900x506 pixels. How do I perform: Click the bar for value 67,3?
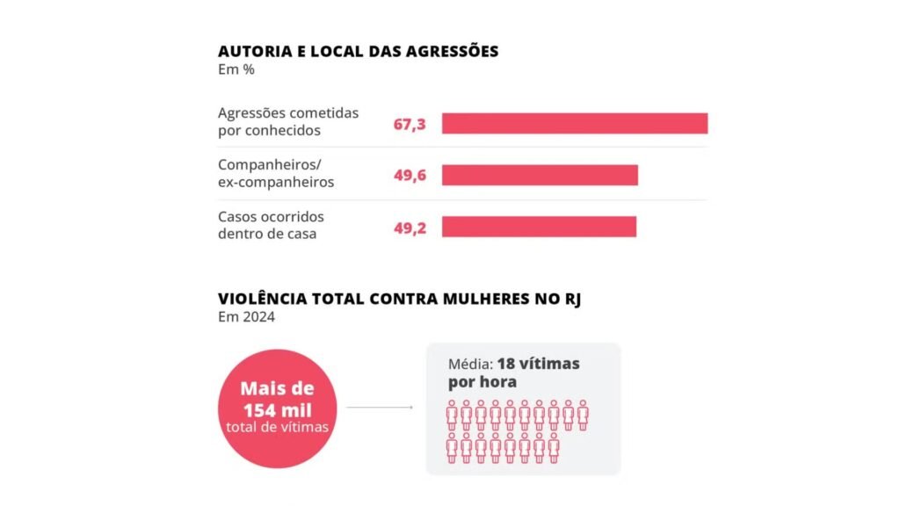574,124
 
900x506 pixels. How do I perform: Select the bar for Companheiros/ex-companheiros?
540,175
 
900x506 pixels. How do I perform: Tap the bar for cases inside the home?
539,227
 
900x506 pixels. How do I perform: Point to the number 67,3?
410,125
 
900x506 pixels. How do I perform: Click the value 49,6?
410,176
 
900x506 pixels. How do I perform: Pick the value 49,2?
410,228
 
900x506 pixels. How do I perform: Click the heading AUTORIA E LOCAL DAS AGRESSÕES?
358,51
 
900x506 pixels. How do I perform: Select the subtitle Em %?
236,70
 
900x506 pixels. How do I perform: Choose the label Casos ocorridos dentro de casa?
271,225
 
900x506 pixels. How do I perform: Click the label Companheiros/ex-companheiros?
275,173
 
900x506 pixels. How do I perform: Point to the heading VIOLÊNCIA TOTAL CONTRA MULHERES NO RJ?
399,299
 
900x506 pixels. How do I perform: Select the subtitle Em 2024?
246,317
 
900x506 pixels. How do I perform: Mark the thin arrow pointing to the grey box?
380,408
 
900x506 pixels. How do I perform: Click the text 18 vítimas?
538,364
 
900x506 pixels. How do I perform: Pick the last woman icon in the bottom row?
553,447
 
